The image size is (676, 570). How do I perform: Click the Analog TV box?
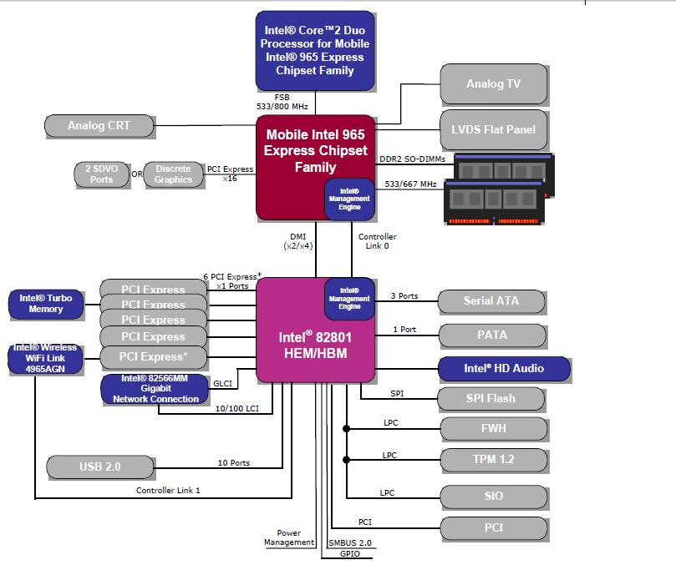tap(493, 83)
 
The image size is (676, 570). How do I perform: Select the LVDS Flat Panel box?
tap(493, 129)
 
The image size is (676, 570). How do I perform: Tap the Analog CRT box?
tap(99, 126)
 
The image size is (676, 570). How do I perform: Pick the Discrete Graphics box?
tap(173, 174)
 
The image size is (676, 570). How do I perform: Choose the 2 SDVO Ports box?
tap(101, 174)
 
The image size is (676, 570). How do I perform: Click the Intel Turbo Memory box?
tap(46, 304)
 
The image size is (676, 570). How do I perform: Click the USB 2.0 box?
tap(100, 467)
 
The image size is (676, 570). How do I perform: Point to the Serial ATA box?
tap(491, 301)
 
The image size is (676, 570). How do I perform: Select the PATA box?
tap(491, 335)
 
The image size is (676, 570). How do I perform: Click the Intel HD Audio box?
tap(504, 368)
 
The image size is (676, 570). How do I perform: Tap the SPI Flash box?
tap(491, 399)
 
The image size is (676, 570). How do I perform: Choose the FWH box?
tap(493, 428)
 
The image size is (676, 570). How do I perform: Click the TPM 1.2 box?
tap(493, 460)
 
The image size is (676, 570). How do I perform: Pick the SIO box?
tap(493, 496)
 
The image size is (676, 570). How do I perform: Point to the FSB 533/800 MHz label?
tap(282, 102)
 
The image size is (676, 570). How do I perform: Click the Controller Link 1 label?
tap(168, 490)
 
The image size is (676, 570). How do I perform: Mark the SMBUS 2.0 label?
tap(349, 543)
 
